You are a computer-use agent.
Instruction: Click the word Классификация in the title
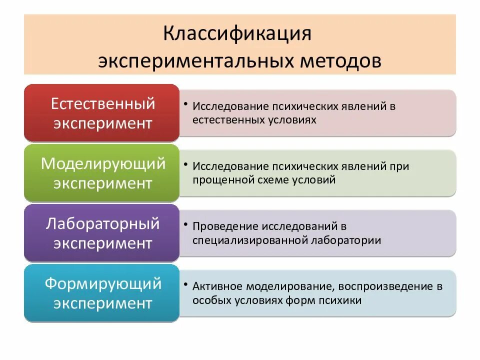coord(237,35)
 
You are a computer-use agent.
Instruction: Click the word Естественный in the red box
coord(103,103)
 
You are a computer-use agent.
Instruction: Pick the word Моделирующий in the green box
coord(103,163)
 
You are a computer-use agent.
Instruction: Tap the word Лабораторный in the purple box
coord(103,223)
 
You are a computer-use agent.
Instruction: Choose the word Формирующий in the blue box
coord(103,283)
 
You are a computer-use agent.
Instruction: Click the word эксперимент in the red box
coord(103,123)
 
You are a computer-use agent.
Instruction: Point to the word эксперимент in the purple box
coord(103,243)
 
